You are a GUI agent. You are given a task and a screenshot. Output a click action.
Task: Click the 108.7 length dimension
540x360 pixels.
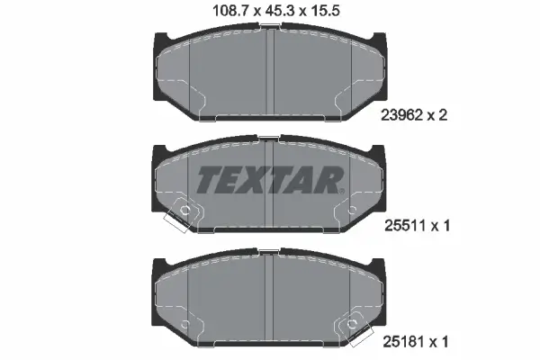[230, 11]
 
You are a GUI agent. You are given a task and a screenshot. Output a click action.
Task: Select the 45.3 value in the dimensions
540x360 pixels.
[279, 11]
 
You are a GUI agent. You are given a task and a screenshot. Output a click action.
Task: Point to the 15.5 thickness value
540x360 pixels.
[325, 11]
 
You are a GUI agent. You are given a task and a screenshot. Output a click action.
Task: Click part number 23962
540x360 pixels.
[402, 114]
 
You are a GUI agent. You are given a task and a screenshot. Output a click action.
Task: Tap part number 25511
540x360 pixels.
[405, 226]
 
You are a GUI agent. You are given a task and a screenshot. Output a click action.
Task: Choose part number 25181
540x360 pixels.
[404, 342]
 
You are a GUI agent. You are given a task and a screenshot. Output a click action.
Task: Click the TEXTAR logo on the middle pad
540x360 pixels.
[270, 180]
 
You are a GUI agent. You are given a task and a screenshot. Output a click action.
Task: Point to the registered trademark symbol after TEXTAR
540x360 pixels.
[341, 191]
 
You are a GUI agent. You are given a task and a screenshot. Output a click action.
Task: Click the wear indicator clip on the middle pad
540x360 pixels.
[183, 214]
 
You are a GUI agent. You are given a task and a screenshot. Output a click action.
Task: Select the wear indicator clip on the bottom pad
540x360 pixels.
[355, 328]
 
